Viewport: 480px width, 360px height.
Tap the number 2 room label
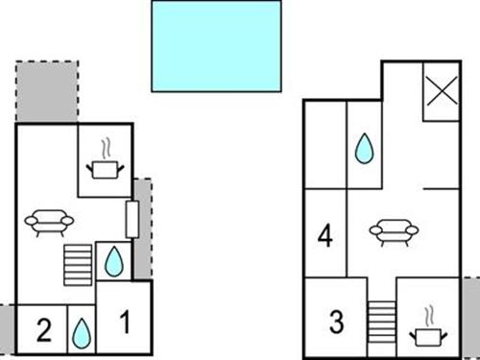[x=43, y=331]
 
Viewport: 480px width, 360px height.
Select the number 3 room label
[x=336, y=322]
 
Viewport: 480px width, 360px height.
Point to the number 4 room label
[x=325, y=235]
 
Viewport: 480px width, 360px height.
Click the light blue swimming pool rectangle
[x=216, y=45]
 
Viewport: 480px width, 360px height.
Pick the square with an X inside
[x=440, y=93]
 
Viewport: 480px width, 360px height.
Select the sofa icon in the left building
[x=49, y=224]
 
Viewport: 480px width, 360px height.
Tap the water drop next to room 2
[x=82, y=333]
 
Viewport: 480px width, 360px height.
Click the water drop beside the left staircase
[x=113, y=261]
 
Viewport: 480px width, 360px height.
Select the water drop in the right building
[x=364, y=149]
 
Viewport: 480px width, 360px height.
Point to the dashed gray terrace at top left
[x=46, y=92]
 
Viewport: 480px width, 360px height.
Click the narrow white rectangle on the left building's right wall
[x=132, y=219]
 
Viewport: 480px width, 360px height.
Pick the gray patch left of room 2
[x=8, y=326]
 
